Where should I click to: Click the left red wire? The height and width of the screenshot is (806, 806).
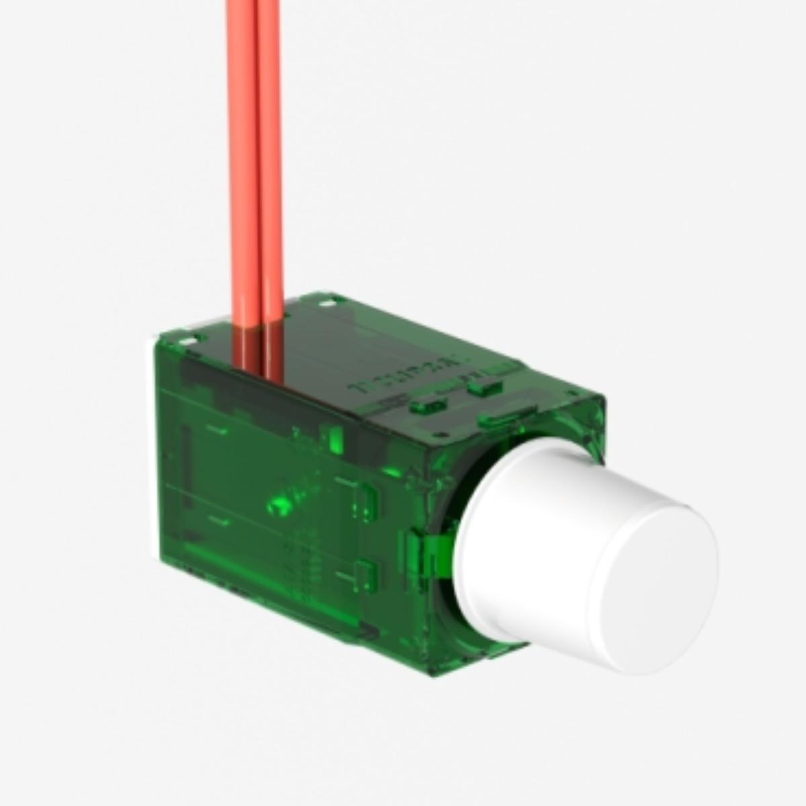(242, 168)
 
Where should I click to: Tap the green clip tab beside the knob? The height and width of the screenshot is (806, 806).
(430, 551)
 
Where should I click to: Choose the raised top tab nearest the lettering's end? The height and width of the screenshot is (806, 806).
(485, 388)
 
